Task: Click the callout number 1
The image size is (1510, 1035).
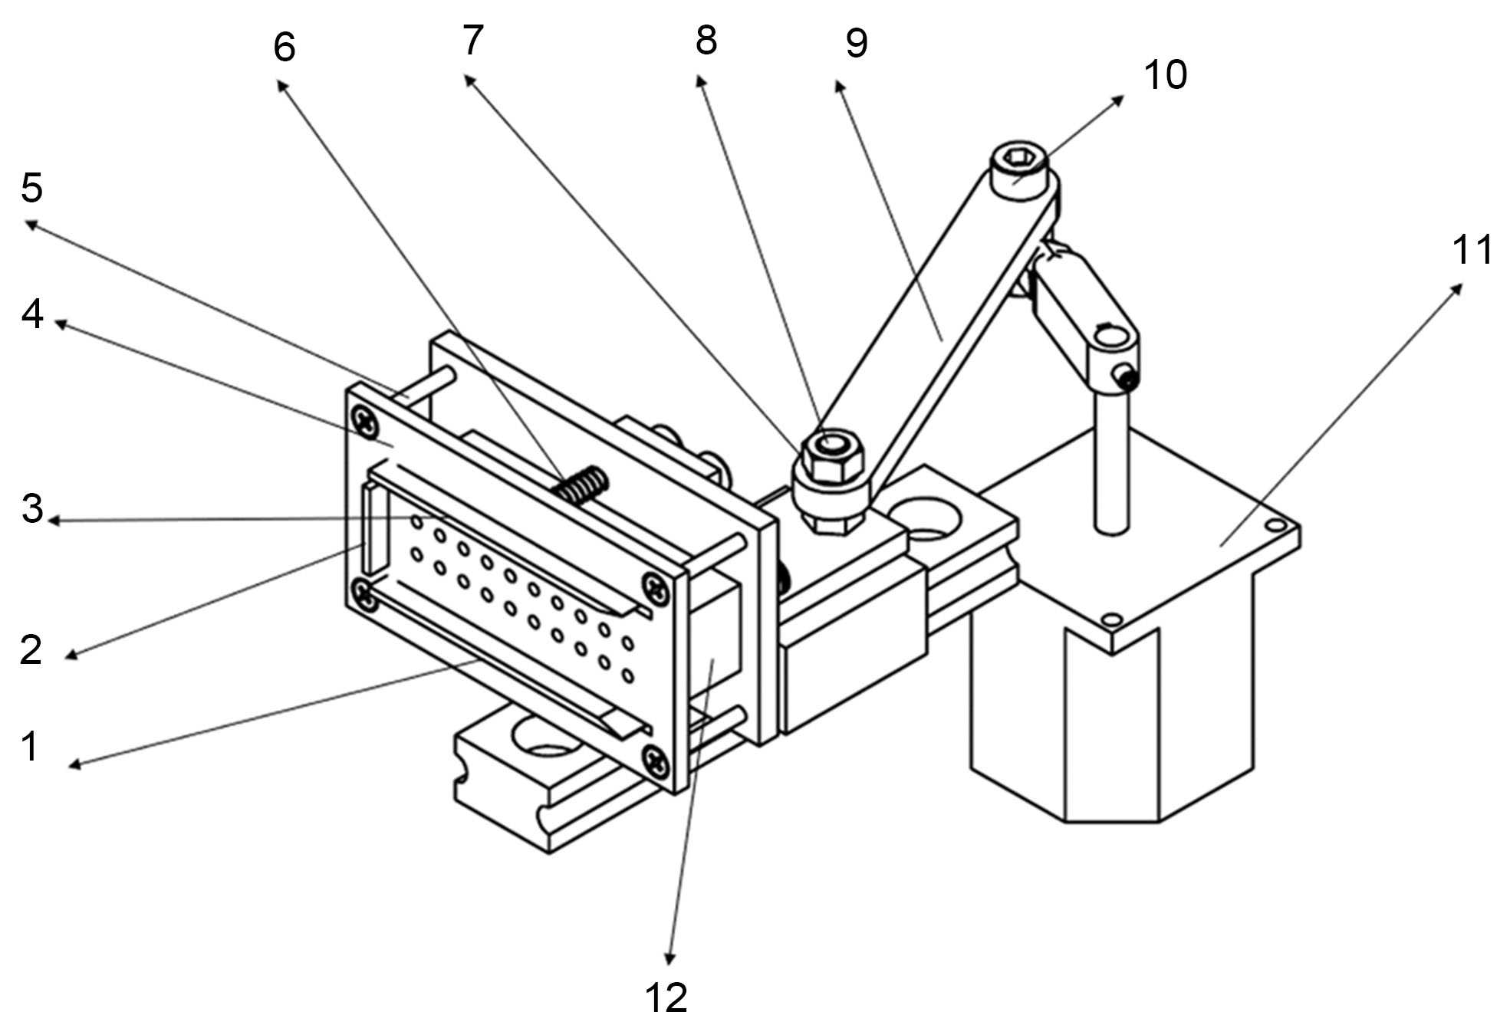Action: [31, 746]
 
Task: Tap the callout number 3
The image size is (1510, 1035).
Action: [32, 508]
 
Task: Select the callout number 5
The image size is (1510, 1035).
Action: [31, 187]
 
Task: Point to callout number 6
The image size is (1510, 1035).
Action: [284, 47]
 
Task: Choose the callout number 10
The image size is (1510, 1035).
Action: [1165, 74]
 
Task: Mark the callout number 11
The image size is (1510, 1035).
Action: [1473, 250]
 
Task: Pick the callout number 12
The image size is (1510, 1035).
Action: [666, 997]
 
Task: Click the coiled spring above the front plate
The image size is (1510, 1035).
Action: [583, 485]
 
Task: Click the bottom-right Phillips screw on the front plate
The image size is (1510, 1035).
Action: [657, 760]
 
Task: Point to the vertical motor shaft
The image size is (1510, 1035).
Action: [1112, 460]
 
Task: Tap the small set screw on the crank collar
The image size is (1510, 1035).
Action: [1125, 376]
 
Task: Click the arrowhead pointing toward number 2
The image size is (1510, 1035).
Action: [71, 655]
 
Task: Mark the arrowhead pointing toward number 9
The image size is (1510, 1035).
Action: [840, 86]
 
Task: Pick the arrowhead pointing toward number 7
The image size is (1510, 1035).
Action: [470, 80]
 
